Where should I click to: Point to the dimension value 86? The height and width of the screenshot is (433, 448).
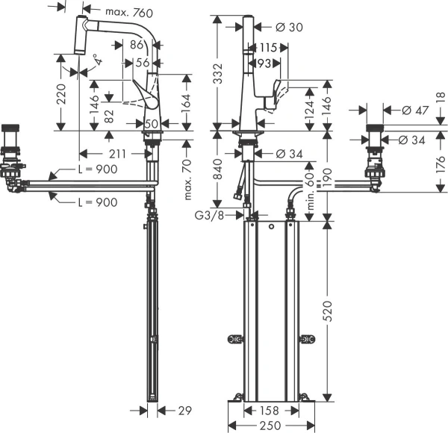point(136,45)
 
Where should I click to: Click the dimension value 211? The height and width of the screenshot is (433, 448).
point(116,153)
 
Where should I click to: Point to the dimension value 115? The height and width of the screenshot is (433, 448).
point(269,47)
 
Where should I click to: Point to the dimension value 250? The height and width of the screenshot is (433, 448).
point(270,425)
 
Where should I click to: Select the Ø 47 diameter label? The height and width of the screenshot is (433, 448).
point(414,110)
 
